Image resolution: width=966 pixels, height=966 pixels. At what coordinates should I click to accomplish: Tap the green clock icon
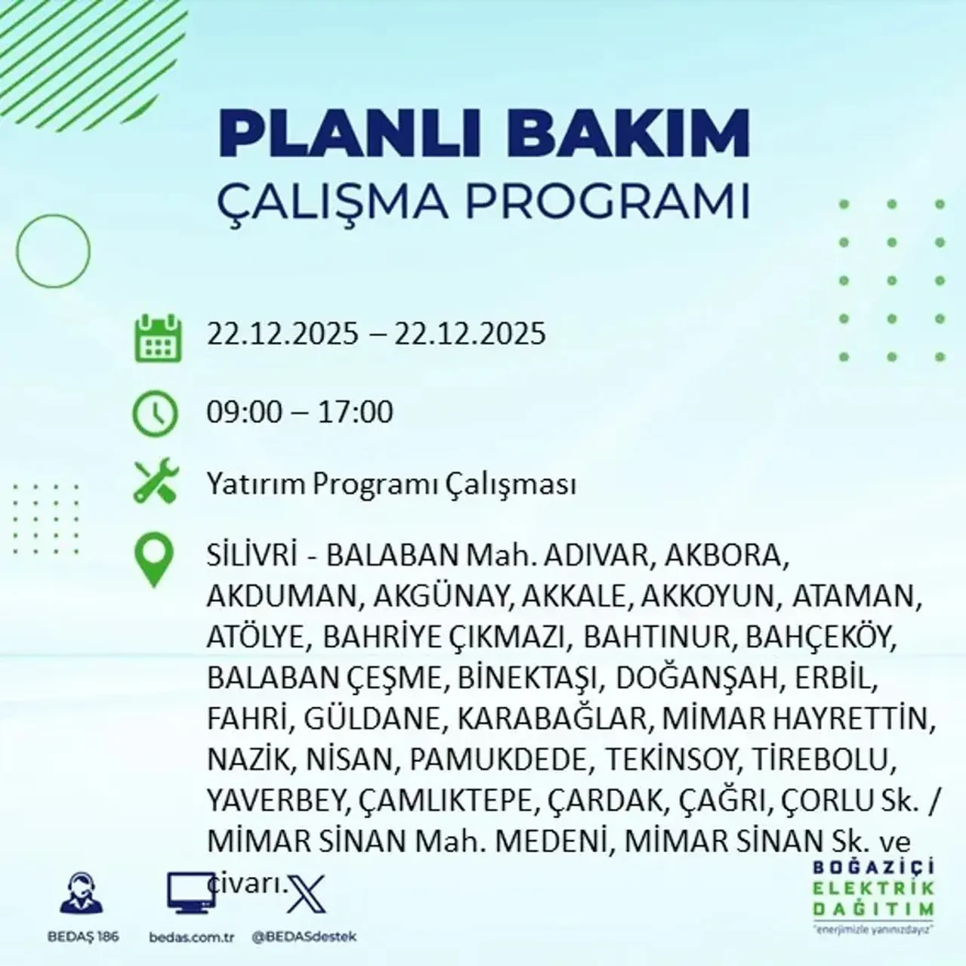tap(155, 414)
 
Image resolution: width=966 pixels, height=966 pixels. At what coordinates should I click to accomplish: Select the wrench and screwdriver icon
tap(155, 482)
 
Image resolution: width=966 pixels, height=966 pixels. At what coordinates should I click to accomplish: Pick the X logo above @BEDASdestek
tap(305, 896)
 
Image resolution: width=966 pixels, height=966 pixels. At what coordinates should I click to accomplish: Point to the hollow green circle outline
tap(53, 250)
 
